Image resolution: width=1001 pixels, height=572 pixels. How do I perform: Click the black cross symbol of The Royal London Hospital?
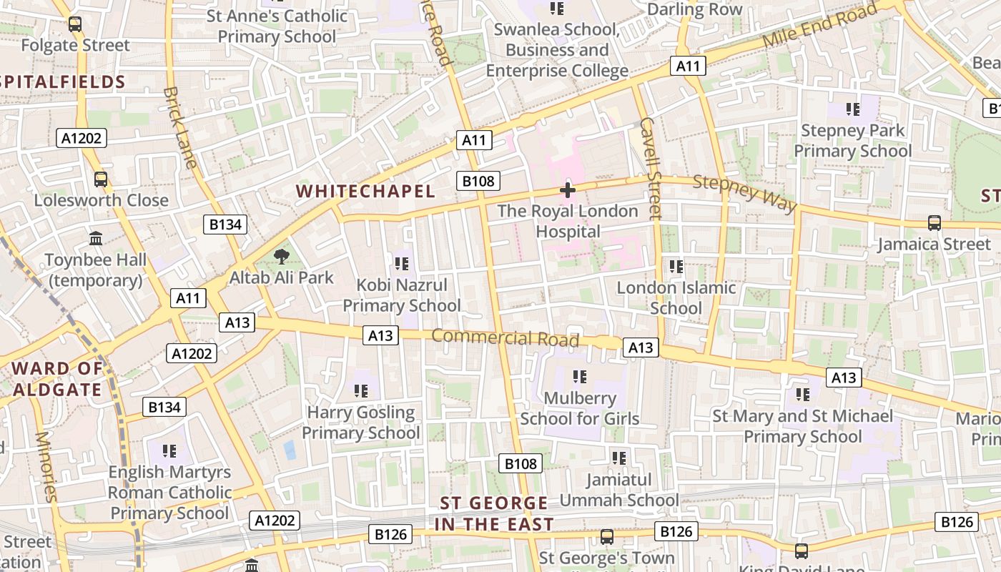click(568, 190)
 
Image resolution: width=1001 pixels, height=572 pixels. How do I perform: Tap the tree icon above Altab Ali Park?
click(282, 256)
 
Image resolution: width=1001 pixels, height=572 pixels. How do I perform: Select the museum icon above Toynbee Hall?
click(96, 239)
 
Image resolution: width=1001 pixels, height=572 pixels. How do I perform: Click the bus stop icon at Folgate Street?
click(75, 24)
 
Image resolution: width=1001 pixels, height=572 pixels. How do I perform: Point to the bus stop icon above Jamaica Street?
click(934, 223)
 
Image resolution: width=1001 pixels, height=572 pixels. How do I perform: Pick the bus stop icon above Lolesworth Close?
click(101, 179)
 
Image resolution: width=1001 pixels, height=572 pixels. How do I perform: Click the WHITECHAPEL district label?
click(365, 192)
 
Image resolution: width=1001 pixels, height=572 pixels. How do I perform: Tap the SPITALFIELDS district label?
click(63, 82)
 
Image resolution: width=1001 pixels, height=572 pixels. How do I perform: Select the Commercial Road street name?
click(505, 337)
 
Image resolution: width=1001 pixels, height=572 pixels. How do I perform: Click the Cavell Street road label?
click(650, 168)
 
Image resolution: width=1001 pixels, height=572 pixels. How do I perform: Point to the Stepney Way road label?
click(744, 193)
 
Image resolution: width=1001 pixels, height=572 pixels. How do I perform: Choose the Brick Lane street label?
click(180, 127)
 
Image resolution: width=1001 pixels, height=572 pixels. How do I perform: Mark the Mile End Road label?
click(819, 26)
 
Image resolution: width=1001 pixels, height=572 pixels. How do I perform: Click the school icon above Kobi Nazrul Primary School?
click(402, 264)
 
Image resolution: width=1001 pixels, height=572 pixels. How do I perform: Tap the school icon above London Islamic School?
click(676, 267)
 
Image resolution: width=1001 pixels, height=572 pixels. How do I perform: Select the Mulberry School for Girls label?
click(580, 408)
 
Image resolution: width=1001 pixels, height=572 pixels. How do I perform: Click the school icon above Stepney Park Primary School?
click(853, 109)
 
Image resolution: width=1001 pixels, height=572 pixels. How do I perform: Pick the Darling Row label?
click(694, 10)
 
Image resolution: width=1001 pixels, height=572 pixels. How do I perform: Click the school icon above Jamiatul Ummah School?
click(619, 458)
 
